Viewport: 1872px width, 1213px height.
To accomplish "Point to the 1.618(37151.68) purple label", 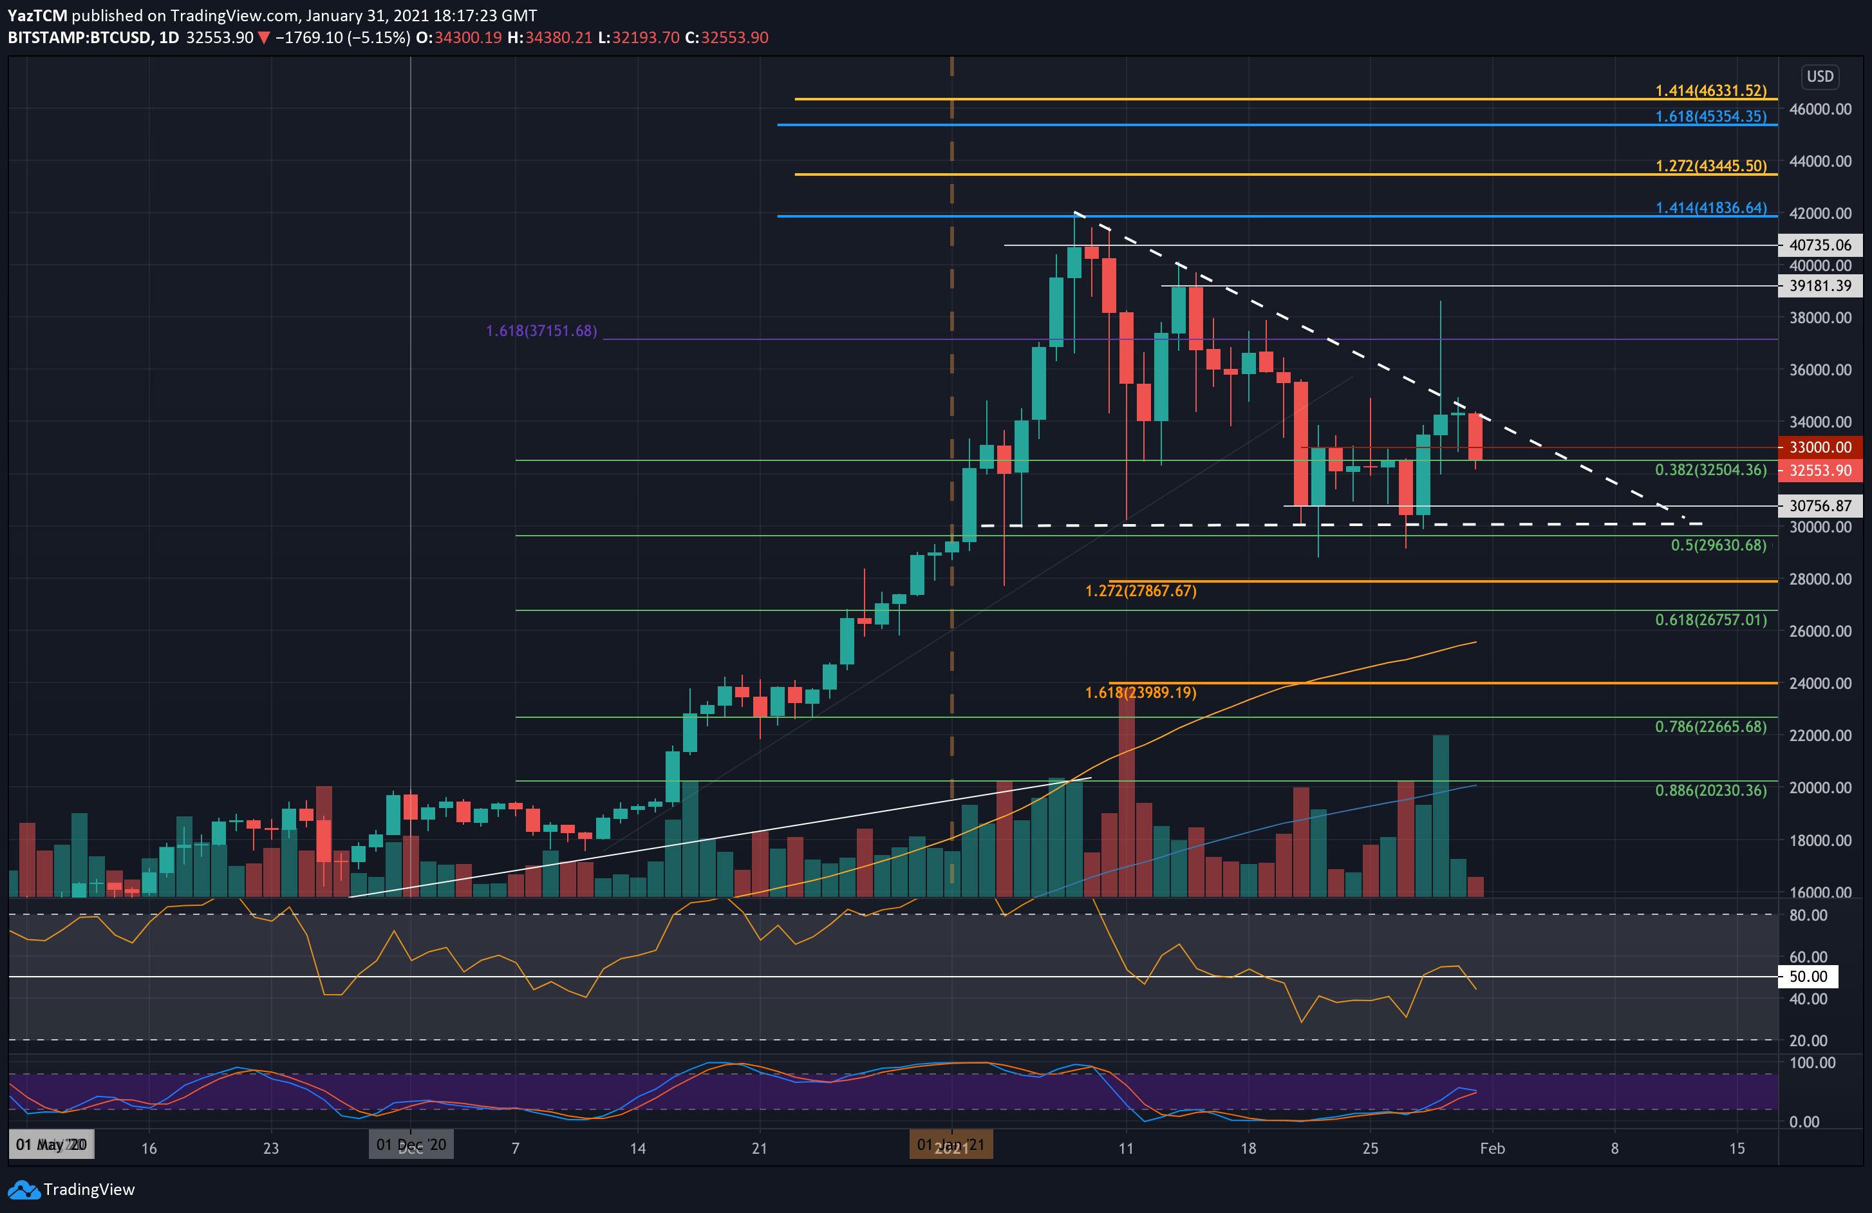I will [x=541, y=331].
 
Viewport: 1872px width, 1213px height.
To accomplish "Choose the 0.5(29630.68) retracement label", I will [x=1718, y=545].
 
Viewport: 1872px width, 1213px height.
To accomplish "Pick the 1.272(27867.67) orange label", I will [x=1141, y=591].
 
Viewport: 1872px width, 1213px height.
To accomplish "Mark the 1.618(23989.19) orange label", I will [x=1141, y=693].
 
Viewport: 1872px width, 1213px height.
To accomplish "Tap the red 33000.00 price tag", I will [x=1820, y=447].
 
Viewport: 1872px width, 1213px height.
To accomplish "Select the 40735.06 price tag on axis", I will [x=1820, y=245].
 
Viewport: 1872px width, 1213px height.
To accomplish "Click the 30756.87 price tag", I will [x=1820, y=506].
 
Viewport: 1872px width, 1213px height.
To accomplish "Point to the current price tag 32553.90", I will [x=1820, y=471].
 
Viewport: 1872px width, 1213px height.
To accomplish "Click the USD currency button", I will [x=1819, y=77].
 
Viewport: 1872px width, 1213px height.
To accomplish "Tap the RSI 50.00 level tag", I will [x=1808, y=977].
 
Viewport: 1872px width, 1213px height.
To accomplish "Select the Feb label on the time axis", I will [x=1492, y=1149].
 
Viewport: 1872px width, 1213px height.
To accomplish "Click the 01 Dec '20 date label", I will [x=411, y=1145].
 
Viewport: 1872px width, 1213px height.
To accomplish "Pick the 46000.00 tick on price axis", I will [x=1820, y=109].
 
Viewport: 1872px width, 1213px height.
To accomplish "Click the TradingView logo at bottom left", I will [x=71, y=1189].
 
